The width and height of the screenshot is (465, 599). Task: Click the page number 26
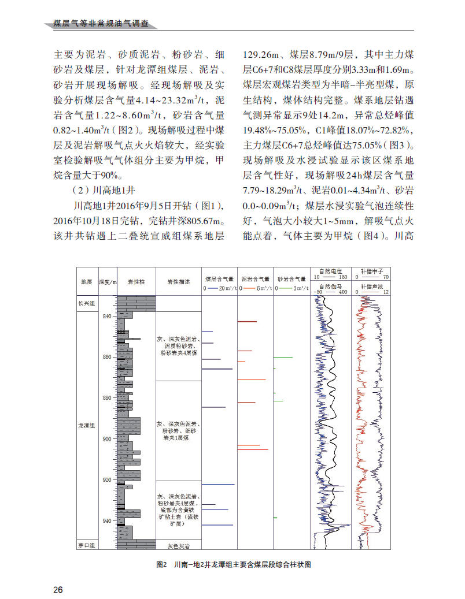[x=58, y=589]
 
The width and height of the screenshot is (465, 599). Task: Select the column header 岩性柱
[x=136, y=282]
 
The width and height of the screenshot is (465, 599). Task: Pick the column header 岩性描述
[x=178, y=282]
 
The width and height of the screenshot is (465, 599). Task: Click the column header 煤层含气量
[x=219, y=279]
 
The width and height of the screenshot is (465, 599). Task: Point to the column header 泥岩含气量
[x=255, y=279]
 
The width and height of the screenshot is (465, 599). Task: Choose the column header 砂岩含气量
[x=291, y=279]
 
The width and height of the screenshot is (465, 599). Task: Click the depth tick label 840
[x=107, y=317]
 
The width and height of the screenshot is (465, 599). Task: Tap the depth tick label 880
[x=107, y=398]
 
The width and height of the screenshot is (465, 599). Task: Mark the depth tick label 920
[x=107, y=480]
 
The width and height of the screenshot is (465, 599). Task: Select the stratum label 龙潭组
[x=87, y=425]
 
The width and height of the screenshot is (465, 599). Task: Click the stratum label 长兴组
[x=87, y=303]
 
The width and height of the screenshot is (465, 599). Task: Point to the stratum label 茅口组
[x=87, y=545]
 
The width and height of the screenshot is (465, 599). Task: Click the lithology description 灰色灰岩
[x=178, y=545]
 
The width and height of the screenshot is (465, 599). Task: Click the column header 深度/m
[x=108, y=282]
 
